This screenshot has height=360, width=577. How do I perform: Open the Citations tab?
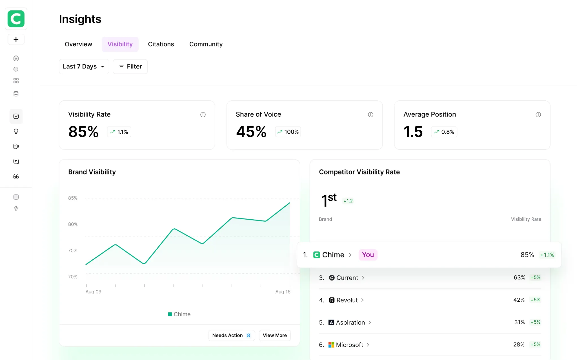pyautogui.click(x=161, y=44)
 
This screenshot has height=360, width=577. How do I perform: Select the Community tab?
pyautogui.click(x=206, y=44)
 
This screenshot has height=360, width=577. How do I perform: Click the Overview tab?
pyautogui.click(x=78, y=44)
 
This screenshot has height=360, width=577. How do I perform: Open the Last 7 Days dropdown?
pyautogui.click(x=84, y=67)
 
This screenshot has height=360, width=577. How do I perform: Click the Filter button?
pyautogui.click(x=130, y=67)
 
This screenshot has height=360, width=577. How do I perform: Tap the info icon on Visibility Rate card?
pyautogui.click(x=203, y=115)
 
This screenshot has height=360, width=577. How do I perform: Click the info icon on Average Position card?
pyautogui.click(x=538, y=115)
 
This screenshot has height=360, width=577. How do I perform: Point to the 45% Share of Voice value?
pyautogui.click(x=251, y=132)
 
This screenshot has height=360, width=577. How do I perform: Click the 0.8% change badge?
pyautogui.click(x=444, y=132)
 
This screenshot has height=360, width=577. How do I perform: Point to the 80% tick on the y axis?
pyautogui.click(x=73, y=224)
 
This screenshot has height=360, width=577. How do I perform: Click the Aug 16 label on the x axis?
pyautogui.click(x=283, y=292)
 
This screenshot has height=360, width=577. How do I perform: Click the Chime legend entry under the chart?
pyautogui.click(x=179, y=314)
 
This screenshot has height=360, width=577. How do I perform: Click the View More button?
pyautogui.click(x=275, y=335)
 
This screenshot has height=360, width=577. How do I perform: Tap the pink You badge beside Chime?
pyautogui.click(x=368, y=255)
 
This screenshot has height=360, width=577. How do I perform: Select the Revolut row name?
pyautogui.click(x=347, y=300)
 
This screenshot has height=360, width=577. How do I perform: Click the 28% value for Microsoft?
pyautogui.click(x=519, y=344)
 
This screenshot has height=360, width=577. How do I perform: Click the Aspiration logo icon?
pyautogui.click(x=331, y=323)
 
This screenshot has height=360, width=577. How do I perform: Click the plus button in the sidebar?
pyautogui.click(x=16, y=39)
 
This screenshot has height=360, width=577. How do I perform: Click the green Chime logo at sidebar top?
pyautogui.click(x=16, y=19)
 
